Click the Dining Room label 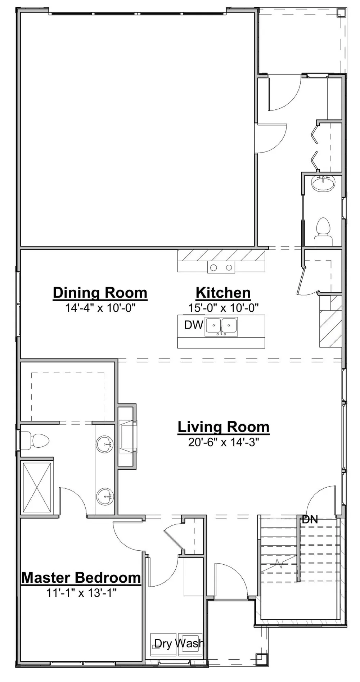pyautogui.click(x=100, y=293)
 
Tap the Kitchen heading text pyautogui.click(x=223, y=293)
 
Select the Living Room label pyautogui.click(x=224, y=427)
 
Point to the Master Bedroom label pyautogui.click(x=81, y=578)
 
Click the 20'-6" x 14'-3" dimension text pyautogui.click(x=224, y=442)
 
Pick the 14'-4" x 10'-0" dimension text pyautogui.click(x=100, y=308)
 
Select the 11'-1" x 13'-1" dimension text pyautogui.click(x=81, y=593)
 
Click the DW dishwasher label pyautogui.click(x=194, y=325)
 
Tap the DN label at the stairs pyautogui.click(x=310, y=519)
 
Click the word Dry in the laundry pyautogui.click(x=163, y=643)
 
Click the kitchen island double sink pyautogui.click(x=221, y=327)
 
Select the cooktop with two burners pyautogui.click(x=221, y=267)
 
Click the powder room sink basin pyautogui.click(x=323, y=184)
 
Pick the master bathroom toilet pyautogui.click(x=35, y=441)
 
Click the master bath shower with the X pyautogui.click(x=37, y=487)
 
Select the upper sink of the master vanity pyautogui.click(x=105, y=444)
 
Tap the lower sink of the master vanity pyautogui.click(x=105, y=497)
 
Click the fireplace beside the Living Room pyautogui.click(x=127, y=436)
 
